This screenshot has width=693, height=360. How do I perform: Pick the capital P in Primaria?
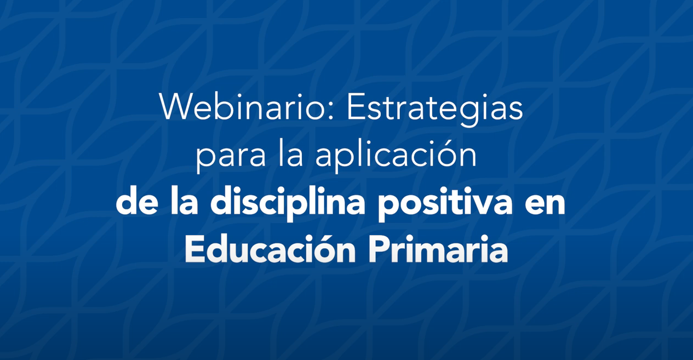coord(380,249)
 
